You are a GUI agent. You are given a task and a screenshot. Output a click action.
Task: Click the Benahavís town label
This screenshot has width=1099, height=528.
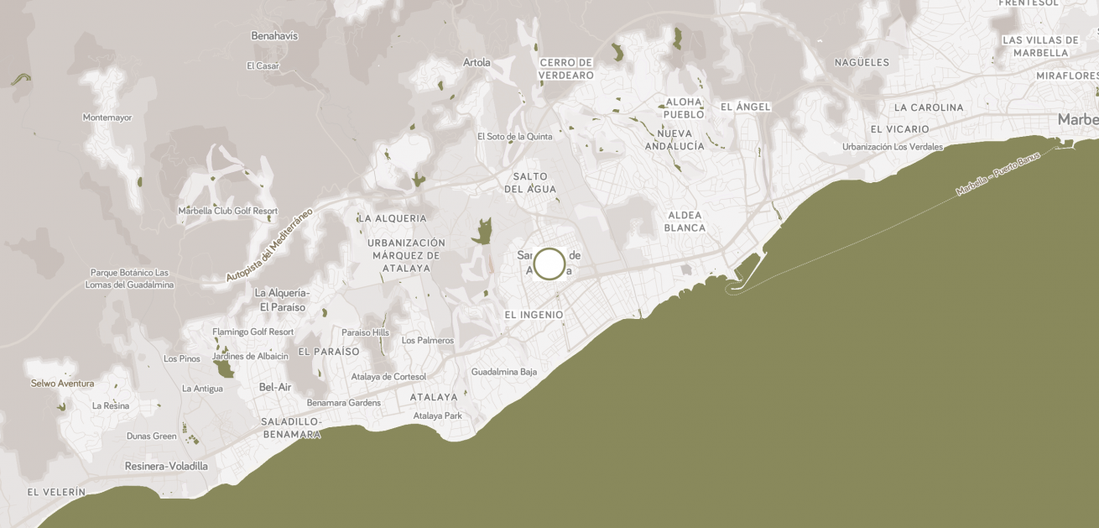[274, 36]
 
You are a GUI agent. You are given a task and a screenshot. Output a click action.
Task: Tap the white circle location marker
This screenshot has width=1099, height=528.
[549, 264]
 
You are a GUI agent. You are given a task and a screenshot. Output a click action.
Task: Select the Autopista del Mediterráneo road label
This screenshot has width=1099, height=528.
[269, 244]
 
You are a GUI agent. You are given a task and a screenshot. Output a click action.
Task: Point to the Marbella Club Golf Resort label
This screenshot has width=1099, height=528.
[227, 211]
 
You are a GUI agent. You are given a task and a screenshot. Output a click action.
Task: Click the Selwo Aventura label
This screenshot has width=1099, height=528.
[62, 384]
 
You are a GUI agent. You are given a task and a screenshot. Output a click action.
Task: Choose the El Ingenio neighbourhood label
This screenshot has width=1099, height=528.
[534, 315]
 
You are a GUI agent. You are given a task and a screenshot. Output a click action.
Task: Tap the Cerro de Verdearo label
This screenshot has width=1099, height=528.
[566, 69]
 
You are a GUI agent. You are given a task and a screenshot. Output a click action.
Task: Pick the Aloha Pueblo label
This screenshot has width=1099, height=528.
[684, 108]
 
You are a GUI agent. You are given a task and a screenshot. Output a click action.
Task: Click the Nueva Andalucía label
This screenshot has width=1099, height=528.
[675, 139]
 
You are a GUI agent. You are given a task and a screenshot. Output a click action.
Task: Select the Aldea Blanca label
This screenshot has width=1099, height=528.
[684, 221]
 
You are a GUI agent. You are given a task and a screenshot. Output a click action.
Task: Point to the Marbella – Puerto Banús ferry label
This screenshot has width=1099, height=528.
[998, 175]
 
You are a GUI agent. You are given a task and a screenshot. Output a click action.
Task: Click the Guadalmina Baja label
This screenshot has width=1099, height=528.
[503, 372]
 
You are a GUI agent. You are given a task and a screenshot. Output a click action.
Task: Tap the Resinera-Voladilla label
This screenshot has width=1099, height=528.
[166, 466]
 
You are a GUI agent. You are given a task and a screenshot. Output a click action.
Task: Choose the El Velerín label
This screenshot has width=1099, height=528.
[56, 492]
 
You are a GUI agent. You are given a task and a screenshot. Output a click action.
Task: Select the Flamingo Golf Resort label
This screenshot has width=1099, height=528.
[253, 332]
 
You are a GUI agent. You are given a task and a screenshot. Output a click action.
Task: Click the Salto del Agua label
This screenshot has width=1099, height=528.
[526, 182]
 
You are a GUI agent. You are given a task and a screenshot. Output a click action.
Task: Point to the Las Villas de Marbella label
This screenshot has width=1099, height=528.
[1040, 46]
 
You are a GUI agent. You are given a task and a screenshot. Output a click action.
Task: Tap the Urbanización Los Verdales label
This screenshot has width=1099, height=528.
[893, 147]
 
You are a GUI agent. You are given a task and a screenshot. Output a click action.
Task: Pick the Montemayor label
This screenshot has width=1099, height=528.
[107, 118]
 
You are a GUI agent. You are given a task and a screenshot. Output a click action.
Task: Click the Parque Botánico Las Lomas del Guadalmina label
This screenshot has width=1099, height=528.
[129, 279]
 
